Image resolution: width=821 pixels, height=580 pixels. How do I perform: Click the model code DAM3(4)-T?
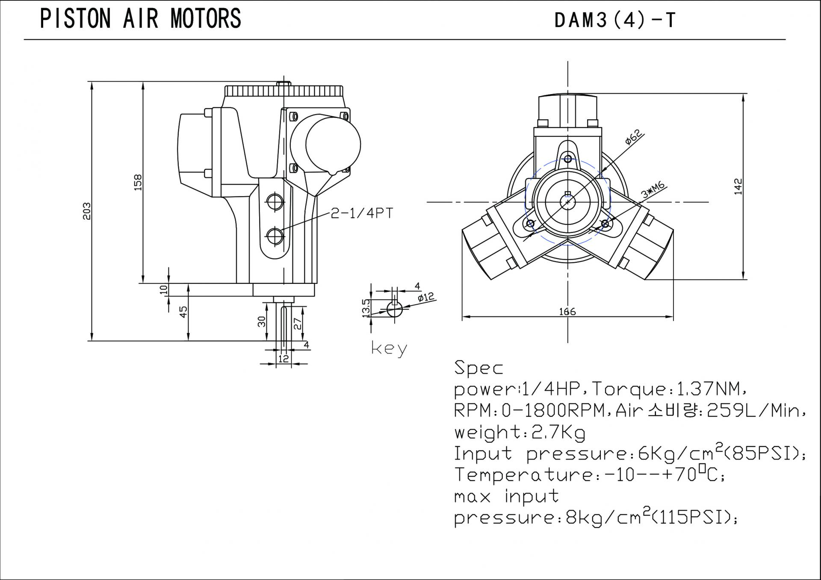614,20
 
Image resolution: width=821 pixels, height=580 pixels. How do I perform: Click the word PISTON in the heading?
75,19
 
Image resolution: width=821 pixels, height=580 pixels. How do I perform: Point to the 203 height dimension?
87,211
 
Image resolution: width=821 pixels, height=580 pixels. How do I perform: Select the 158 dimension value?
138,183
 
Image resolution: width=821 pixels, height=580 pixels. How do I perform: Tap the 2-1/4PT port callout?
362,213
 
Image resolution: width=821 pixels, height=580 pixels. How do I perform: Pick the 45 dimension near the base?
183,312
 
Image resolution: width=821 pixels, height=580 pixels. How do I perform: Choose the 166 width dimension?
567,312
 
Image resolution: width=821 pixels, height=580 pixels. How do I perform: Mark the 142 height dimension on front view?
738,186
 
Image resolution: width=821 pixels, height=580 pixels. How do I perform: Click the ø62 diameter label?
633,138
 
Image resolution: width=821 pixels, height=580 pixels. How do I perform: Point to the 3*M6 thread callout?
653,191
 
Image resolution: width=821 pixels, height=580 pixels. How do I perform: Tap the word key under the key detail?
389,349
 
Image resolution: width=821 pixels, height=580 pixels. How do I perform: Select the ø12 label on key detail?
425,297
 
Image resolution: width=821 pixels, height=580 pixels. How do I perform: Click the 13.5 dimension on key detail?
366,308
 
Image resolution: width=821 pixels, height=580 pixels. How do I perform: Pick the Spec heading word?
478,368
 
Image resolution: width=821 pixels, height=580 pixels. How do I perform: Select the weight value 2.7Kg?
558,432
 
